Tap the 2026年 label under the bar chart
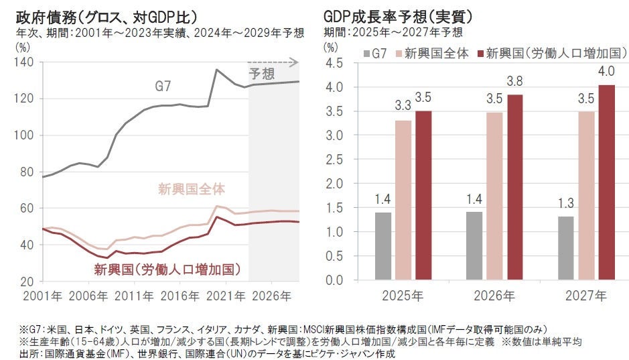(x=495, y=295)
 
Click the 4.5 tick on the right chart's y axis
(x=334, y=63)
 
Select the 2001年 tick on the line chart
(x=42, y=295)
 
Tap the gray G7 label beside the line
(x=163, y=86)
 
